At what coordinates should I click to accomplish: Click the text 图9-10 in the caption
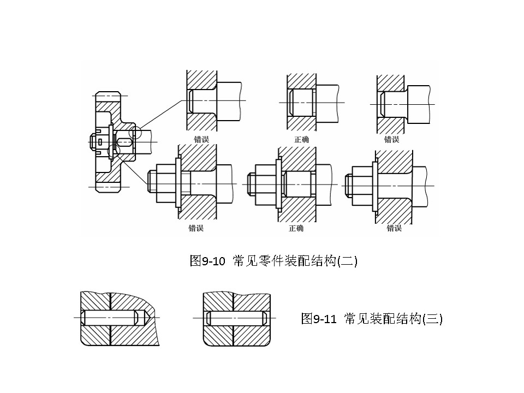[x=207, y=261]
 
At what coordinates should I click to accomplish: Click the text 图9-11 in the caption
[x=318, y=319]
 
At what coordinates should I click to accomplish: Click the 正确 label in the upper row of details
[x=302, y=140]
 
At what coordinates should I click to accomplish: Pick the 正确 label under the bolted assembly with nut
[x=296, y=228]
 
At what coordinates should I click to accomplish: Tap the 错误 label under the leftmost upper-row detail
[x=201, y=140]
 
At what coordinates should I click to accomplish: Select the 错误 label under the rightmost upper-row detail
[x=391, y=140]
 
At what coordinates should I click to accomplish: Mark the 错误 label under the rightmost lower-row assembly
[x=394, y=228]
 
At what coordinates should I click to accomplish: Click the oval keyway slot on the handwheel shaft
[x=125, y=142]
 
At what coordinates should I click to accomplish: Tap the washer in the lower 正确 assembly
[x=278, y=186]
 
